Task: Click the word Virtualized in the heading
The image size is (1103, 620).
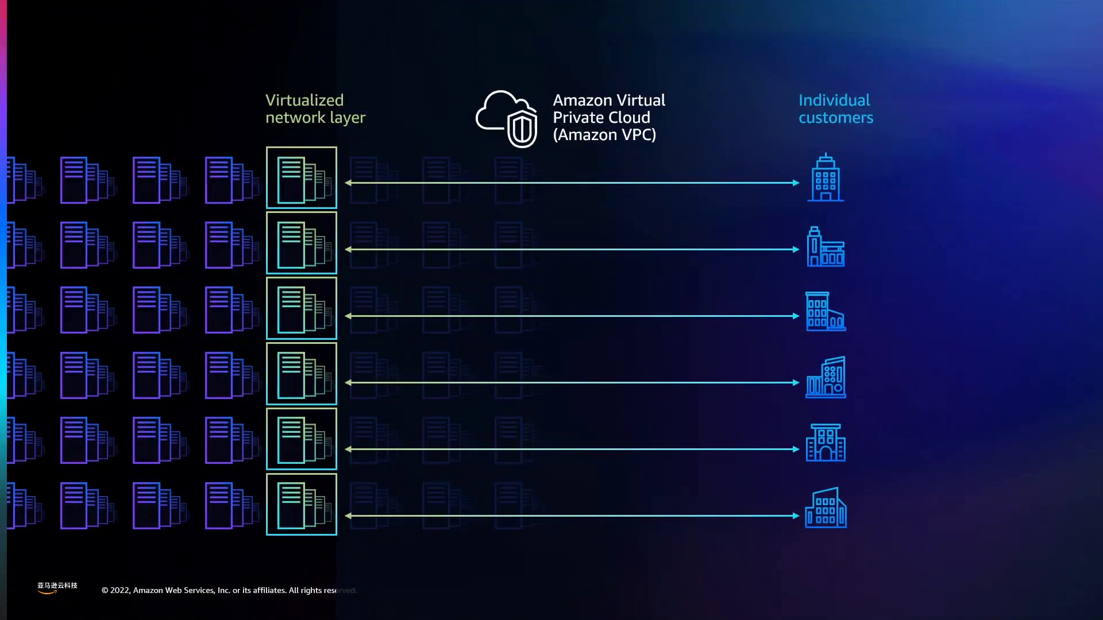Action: (304, 100)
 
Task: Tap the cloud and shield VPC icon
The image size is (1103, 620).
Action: (507, 118)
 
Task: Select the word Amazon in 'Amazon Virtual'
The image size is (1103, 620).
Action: (583, 100)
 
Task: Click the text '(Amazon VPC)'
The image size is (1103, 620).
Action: (604, 135)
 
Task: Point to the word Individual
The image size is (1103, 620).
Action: (834, 100)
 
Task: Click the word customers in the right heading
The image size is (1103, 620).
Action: (836, 118)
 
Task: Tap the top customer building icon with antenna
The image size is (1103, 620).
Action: (826, 177)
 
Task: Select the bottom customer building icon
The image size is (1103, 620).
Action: (826, 508)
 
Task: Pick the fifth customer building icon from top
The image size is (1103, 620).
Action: (826, 443)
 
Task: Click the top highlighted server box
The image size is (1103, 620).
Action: (302, 177)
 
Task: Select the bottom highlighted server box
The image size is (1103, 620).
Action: (302, 505)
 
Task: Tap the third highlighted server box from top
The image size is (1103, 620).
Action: (302, 308)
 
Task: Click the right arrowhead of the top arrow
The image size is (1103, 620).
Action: (796, 183)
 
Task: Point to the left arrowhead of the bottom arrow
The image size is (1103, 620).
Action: (348, 516)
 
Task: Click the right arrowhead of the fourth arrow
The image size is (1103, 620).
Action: (796, 382)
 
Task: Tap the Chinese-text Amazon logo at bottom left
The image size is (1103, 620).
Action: (57, 587)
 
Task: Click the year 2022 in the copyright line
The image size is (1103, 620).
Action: (119, 590)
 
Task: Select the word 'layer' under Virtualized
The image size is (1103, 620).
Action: (347, 118)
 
